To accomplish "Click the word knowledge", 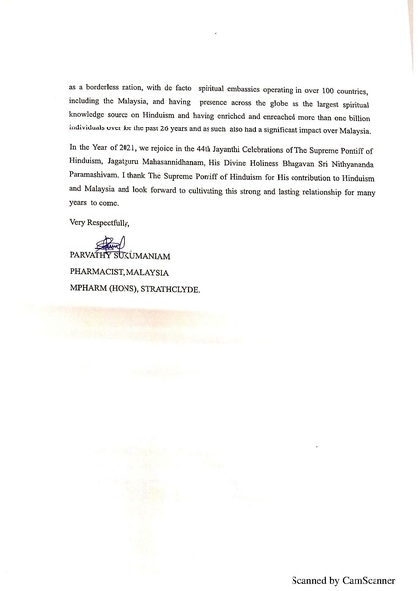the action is tap(92, 116).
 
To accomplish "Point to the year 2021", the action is tap(130, 149).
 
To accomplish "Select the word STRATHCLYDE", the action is tap(167, 290).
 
